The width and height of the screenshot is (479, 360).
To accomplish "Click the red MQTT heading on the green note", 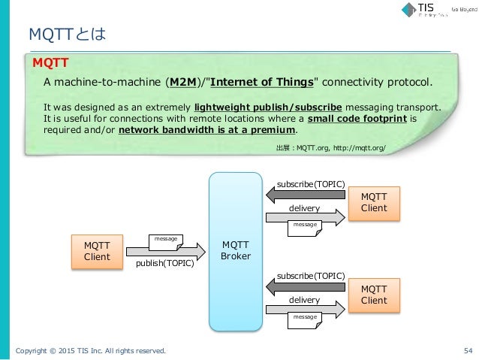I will tap(46, 62).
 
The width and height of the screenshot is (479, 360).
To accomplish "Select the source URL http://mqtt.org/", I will tap(361, 148).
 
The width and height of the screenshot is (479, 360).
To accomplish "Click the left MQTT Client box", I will tap(96, 251).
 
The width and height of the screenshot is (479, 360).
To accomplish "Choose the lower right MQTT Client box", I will tap(373, 295).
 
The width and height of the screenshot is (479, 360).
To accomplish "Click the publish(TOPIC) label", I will tap(165, 264).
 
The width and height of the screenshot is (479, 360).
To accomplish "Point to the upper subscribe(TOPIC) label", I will tap(310, 184).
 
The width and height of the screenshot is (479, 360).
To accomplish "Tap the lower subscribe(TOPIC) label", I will tap(310, 276).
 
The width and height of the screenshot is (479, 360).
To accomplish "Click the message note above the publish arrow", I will tap(165, 240).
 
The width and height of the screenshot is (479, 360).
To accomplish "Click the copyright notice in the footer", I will tap(91, 350).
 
